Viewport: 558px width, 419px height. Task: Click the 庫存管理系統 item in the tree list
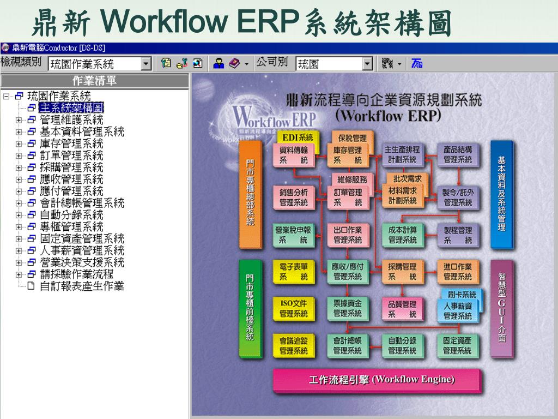point(71,143)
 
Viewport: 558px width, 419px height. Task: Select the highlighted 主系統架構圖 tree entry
point(71,107)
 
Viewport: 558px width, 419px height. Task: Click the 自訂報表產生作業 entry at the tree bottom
point(82,286)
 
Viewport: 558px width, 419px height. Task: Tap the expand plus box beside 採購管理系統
point(19,167)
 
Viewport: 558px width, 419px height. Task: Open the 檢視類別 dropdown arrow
point(146,64)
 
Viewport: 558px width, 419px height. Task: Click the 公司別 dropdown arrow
point(368,64)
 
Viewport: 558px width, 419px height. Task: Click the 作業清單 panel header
point(94,81)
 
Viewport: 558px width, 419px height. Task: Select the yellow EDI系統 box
point(298,137)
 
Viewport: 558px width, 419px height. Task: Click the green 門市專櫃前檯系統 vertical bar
point(250,308)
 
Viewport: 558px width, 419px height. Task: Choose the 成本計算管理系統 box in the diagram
point(402,235)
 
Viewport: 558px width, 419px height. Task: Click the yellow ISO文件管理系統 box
point(293,309)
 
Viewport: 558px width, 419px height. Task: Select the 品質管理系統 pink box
point(402,309)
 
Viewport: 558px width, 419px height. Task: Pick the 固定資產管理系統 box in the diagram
point(457,345)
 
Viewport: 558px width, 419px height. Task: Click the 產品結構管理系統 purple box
point(458,154)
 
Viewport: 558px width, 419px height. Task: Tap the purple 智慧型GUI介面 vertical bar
point(501,308)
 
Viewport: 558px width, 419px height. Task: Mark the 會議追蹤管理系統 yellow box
point(293,345)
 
